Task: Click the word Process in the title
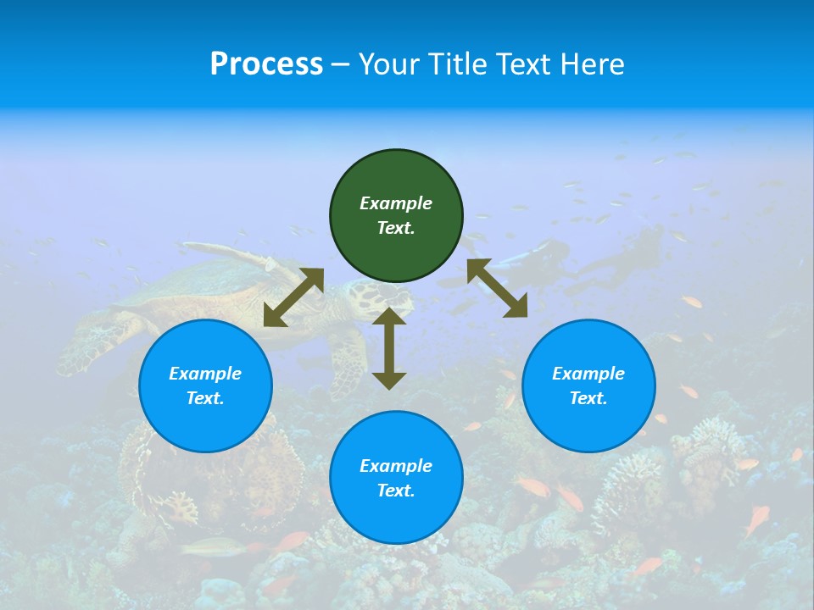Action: click(266, 64)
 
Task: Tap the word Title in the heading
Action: click(456, 64)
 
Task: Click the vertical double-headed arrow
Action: click(389, 349)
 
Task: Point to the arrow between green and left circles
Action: click(293, 297)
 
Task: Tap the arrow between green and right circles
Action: click(498, 288)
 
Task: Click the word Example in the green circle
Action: click(396, 203)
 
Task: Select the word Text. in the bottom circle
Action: click(396, 491)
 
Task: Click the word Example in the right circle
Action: click(588, 374)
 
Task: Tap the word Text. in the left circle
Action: click(205, 398)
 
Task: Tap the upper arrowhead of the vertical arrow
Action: click(389, 316)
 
